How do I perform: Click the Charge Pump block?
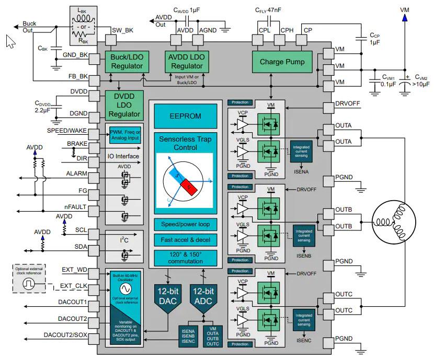pyautogui.click(x=282, y=62)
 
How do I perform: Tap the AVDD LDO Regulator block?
pyautogui.click(x=187, y=62)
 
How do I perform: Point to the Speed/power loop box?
pyautogui.click(x=185, y=225)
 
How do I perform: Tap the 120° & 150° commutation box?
pyautogui.click(x=185, y=258)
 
